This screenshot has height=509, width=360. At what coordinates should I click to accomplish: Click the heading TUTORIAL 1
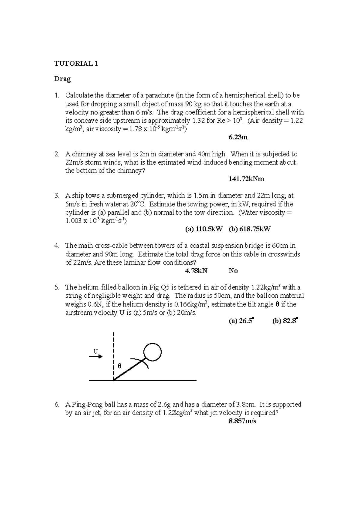click(76, 64)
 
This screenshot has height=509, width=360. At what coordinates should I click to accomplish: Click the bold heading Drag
click(62, 79)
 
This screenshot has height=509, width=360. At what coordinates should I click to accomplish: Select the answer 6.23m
click(238, 137)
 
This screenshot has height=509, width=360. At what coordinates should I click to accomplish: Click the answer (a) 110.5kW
click(204, 229)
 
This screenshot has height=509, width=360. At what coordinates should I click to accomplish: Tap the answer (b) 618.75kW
click(250, 229)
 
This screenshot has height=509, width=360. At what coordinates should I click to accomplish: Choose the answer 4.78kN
click(196, 271)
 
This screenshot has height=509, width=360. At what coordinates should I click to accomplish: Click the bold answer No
click(233, 271)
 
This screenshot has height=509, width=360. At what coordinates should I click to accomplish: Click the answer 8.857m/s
click(242, 421)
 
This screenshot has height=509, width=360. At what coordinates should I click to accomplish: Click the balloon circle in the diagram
click(152, 352)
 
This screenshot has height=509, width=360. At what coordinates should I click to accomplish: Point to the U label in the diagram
click(96, 351)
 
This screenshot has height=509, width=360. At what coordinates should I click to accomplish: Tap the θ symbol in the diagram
click(119, 366)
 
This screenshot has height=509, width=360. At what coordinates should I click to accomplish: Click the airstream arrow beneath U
click(96, 356)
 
